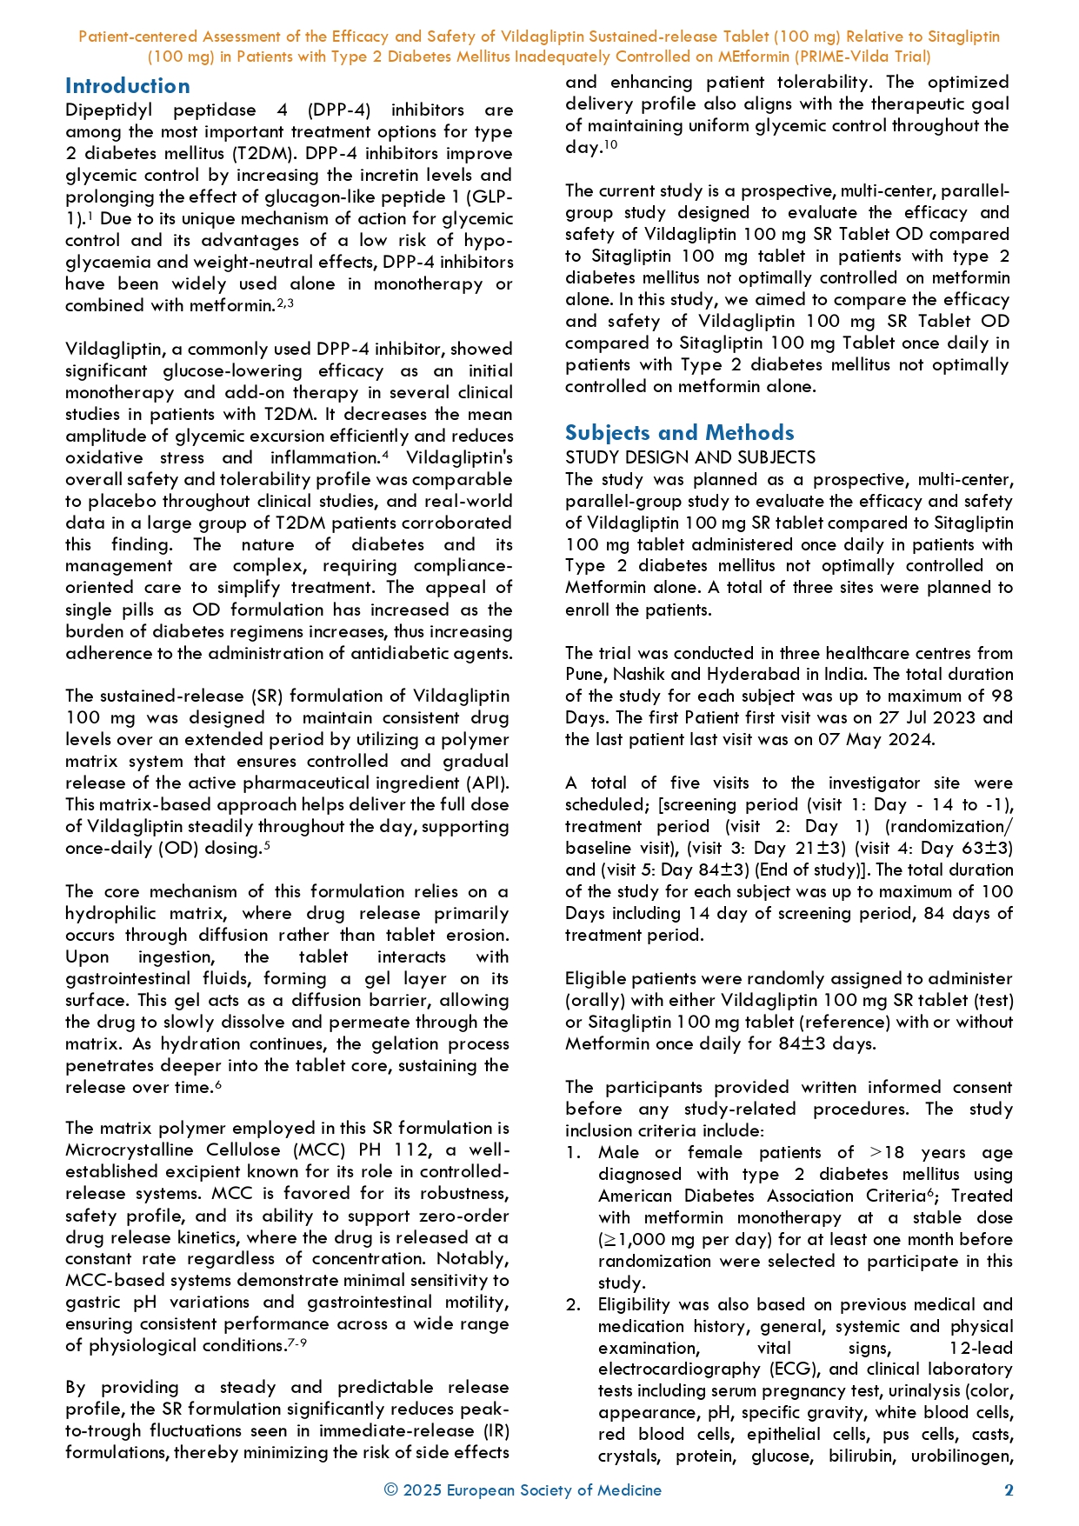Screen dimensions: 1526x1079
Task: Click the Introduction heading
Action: pos(127,86)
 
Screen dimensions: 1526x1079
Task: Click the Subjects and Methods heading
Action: pos(679,433)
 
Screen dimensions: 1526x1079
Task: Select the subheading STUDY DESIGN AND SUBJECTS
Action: pos(690,457)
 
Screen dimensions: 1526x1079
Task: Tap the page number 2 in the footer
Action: pos(1009,1490)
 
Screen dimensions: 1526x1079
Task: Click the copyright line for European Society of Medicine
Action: pos(523,1490)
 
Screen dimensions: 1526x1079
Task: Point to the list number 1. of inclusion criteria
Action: pos(572,1153)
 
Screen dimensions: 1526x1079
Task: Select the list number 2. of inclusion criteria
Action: pos(572,1305)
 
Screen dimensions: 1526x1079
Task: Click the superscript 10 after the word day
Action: pos(611,144)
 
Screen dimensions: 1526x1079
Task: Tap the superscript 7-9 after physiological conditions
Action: pos(297,1344)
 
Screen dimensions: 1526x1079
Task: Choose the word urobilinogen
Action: pos(962,1456)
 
